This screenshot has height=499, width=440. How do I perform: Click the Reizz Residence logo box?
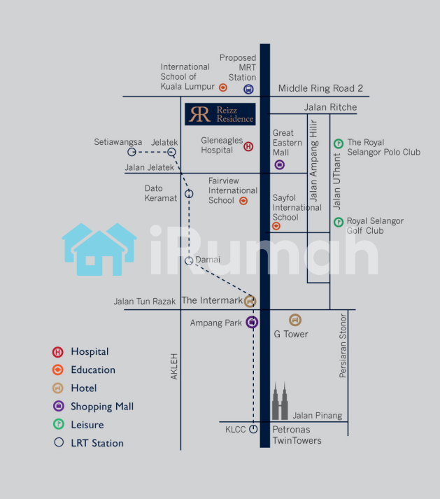coord(220,114)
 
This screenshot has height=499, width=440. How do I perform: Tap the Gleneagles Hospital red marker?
coord(248,146)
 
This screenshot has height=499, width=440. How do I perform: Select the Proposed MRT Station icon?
coord(248,89)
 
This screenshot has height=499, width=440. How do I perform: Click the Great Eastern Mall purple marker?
coord(279,165)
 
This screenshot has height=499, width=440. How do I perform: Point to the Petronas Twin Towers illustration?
coord(280,402)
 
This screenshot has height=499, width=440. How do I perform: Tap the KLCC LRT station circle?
coord(253,429)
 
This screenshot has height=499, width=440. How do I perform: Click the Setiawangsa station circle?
coord(131,151)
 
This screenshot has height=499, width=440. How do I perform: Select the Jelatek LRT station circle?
coord(171,151)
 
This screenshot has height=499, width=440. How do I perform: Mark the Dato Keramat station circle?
coord(189,194)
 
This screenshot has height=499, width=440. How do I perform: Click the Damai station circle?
coord(189,260)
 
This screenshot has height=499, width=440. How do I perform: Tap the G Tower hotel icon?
coord(295,320)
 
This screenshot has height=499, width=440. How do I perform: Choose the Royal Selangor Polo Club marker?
coord(338,143)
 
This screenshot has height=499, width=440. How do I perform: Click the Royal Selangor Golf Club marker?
coord(338,222)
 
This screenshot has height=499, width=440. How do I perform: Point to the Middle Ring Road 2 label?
coord(321,88)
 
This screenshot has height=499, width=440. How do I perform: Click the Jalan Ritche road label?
coord(330,107)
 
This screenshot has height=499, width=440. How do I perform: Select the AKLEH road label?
coord(174,366)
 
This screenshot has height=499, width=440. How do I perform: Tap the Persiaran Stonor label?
coord(343,345)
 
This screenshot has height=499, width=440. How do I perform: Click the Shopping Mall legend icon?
coord(58,406)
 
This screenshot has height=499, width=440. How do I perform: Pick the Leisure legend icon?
coord(58,424)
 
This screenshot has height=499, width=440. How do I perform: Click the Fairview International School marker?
coord(243,201)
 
